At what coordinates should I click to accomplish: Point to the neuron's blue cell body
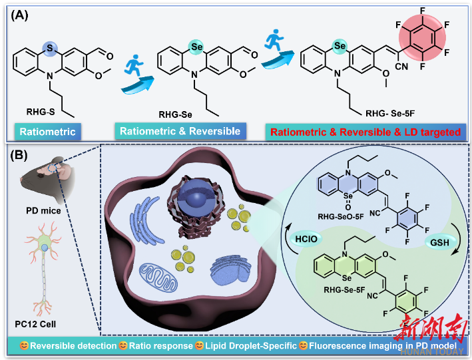coord(43,248)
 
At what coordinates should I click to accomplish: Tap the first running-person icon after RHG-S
coord(136,68)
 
